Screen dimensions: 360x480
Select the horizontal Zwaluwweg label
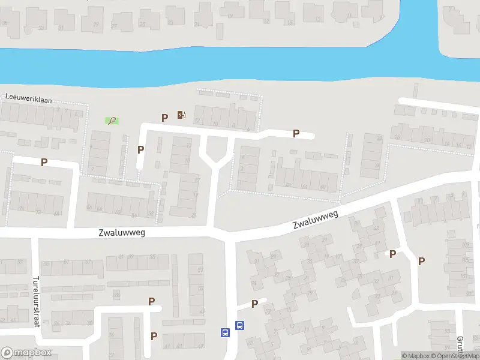[x=122, y=232]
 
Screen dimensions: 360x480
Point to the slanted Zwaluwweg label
[x=316, y=220]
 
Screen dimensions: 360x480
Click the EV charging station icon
[x=181, y=115]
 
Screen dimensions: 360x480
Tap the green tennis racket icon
[x=112, y=121]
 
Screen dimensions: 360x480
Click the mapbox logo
[x=26, y=353]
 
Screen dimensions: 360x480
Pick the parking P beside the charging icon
[x=164, y=118]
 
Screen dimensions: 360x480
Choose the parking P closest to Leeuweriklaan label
[x=44, y=163]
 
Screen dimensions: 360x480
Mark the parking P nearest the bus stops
[x=254, y=304]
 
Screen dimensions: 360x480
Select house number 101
[x=463, y=277]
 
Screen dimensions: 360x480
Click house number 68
[x=56, y=213]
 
